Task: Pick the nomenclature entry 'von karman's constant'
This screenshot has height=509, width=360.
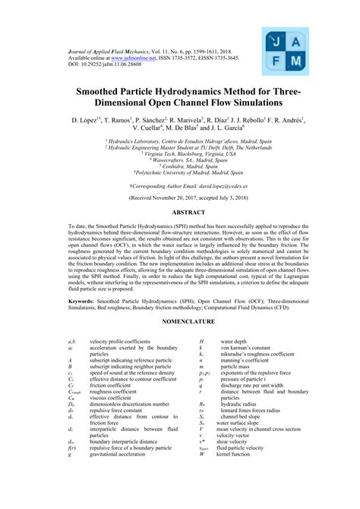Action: click(x=248, y=349)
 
